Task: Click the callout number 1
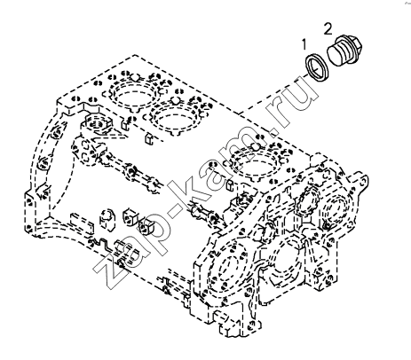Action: click(304, 44)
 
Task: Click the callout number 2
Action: click(328, 29)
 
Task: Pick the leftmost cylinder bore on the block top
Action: click(134, 95)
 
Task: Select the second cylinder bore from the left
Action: click(175, 115)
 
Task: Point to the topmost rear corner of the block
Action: click(135, 55)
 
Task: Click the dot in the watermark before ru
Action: click(273, 134)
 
